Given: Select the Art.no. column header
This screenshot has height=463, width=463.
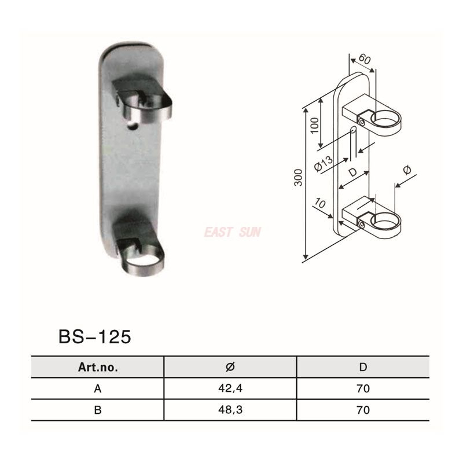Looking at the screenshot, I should [97, 367].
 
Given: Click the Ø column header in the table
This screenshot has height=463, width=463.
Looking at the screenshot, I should [230, 367].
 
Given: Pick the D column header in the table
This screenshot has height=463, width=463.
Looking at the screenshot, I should [363, 367].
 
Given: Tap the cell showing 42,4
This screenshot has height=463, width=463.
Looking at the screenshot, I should [230, 389].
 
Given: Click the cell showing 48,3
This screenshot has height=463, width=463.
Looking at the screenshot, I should [230, 410].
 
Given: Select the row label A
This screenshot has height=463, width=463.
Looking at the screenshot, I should [97, 389].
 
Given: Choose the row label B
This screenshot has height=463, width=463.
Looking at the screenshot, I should [97, 410].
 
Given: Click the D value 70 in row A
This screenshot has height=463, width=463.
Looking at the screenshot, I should [363, 389].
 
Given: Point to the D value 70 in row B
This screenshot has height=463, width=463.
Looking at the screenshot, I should [363, 410].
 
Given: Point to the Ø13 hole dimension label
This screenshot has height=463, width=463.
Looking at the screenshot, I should [323, 164].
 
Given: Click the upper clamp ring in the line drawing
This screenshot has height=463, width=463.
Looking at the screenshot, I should [385, 120].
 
